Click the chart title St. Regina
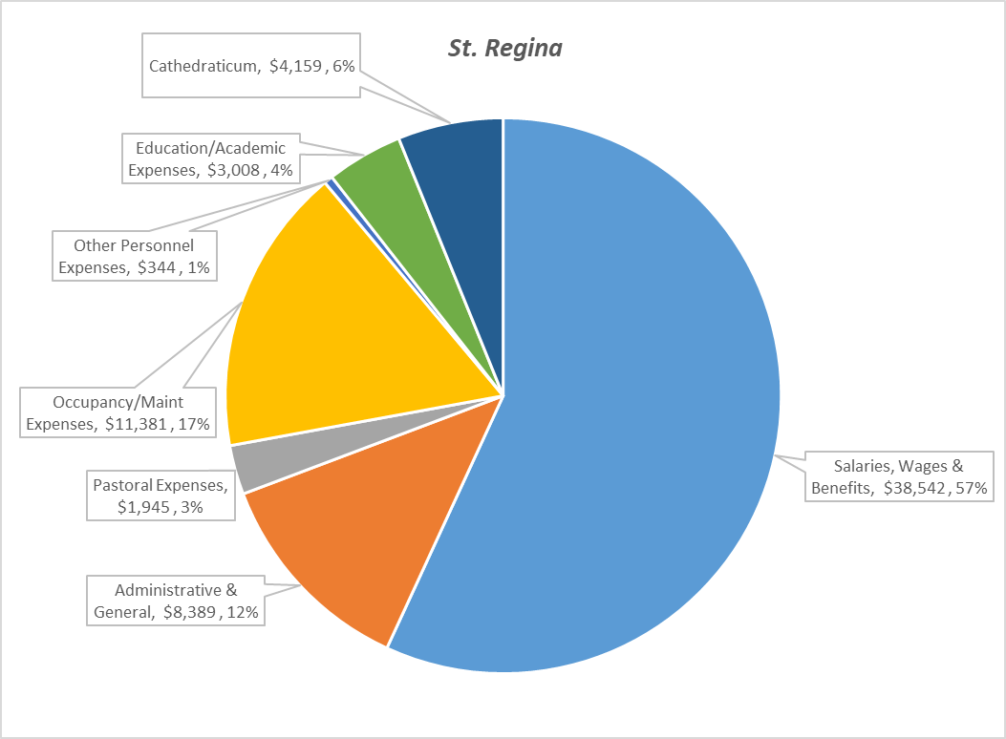coord(504,48)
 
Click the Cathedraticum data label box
coord(252,66)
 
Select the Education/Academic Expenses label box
coord(210,159)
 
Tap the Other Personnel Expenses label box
coord(133,257)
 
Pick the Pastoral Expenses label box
coord(161,496)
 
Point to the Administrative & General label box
coord(176,601)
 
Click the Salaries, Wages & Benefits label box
coord(898,477)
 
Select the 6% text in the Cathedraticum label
coord(342,66)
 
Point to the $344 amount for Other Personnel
coord(156,268)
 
